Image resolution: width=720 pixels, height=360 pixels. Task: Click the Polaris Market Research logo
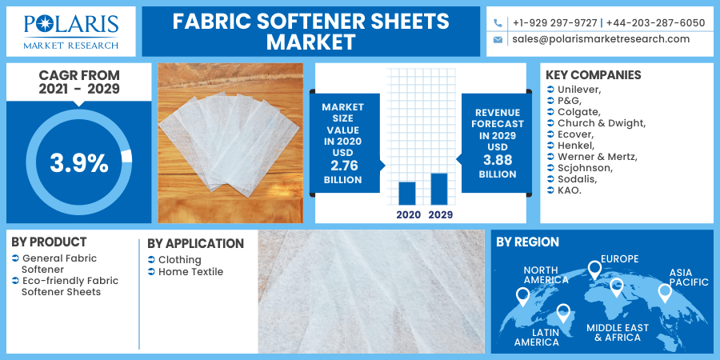(71, 31)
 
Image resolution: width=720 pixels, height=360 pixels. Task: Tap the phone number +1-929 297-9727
(555, 23)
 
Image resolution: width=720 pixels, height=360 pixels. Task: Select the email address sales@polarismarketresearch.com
(601, 39)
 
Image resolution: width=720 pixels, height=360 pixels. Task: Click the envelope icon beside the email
(498, 40)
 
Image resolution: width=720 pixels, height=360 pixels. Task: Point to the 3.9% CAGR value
(79, 163)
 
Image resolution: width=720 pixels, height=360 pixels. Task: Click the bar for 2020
(407, 194)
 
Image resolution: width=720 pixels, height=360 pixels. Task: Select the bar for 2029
(439, 189)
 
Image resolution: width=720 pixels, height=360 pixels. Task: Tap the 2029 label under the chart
(440, 214)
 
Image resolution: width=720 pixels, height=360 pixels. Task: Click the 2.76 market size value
(343, 166)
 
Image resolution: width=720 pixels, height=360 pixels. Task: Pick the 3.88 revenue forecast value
(498, 160)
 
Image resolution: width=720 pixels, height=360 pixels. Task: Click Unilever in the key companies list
(578, 89)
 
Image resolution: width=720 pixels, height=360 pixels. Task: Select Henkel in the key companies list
(576, 146)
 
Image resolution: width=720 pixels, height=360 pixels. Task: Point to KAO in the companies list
(570, 190)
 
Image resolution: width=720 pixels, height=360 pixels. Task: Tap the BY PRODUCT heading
(49, 242)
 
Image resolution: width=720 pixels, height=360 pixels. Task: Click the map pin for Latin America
(563, 313)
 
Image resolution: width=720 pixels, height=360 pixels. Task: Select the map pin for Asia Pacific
(665, 293)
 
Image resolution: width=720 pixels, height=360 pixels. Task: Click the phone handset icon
(498, 22)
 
